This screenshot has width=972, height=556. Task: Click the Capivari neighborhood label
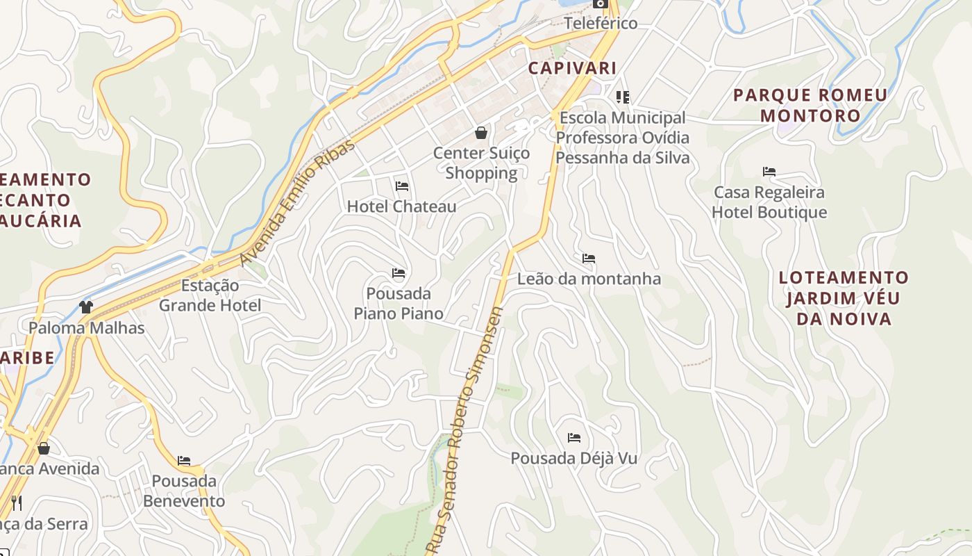tap(572, 68)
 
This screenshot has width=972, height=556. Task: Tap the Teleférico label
tap(601, 23)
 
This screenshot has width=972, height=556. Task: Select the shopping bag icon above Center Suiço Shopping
tap(480, 133)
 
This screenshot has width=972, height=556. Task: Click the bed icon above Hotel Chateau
tap(401, 186)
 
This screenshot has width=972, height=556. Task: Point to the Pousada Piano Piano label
tap(399, 304)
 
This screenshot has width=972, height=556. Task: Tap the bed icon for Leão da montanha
tap(589, 259)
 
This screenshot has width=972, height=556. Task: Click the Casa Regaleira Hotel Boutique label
tap(769, 202)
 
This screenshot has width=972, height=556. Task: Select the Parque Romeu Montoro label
tap(810, 105)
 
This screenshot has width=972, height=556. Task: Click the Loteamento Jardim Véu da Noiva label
tap(844, 298)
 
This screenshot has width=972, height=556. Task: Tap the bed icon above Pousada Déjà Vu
tap(574, 438)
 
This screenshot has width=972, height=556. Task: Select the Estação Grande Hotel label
tap(210, 295)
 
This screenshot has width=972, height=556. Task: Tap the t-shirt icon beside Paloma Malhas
tap(86, 306)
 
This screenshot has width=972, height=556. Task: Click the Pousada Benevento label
tap(184, 491)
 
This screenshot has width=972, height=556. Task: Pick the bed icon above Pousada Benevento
tap(184, 460)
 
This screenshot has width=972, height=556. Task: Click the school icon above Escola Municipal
tap(622, 97)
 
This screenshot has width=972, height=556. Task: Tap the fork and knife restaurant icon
tap(17, 502)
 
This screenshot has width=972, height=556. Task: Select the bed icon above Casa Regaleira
tap(769, 172)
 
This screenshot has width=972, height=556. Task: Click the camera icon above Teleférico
tap(601, 3)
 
